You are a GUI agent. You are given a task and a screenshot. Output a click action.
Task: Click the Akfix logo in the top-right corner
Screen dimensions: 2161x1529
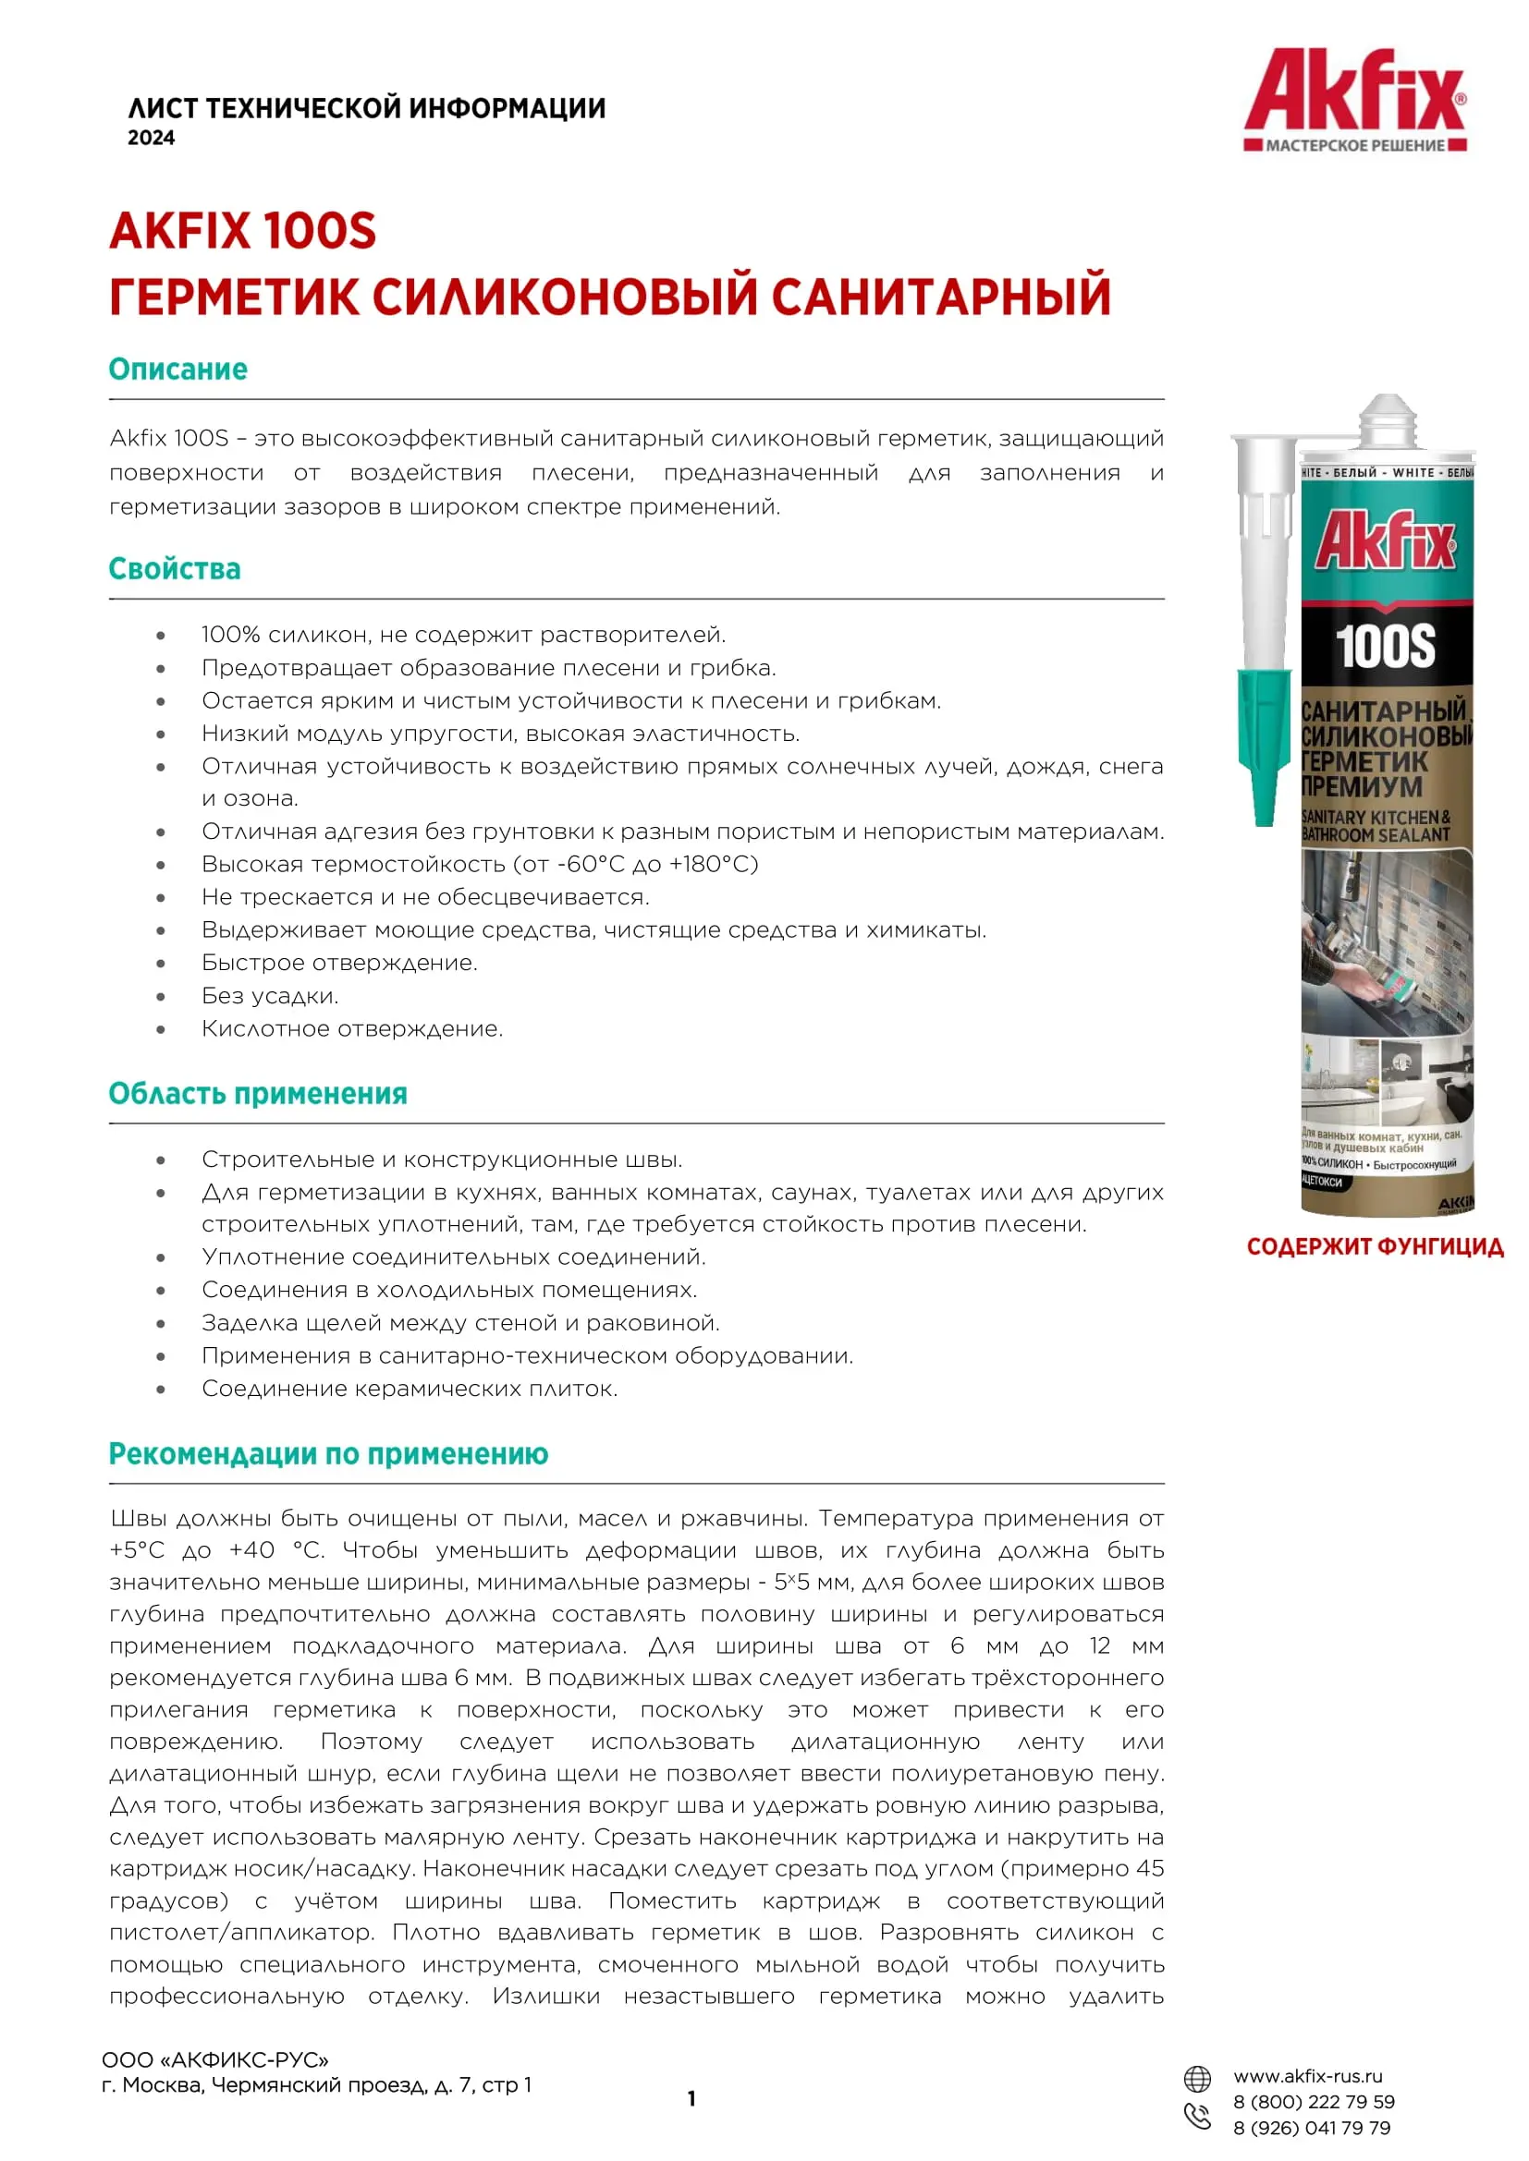click(x=1355, y=98)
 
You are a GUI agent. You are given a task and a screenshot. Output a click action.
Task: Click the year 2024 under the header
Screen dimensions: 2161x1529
click(x=152, y=139)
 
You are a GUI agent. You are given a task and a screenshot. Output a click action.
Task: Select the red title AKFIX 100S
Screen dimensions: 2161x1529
click(x=243, y=232)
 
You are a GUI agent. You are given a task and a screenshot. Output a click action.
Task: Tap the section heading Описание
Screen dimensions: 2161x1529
click(x=177, y=369)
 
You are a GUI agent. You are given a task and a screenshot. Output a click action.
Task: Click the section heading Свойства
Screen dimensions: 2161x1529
click(x=174, y=568)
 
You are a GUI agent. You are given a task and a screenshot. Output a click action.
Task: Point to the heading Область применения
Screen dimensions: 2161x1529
click(x=258, y=1094)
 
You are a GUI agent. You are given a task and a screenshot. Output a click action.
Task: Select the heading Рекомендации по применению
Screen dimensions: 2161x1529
click(x=328, y=1454)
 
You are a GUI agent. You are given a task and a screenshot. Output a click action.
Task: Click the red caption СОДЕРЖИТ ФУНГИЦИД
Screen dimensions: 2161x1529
click(x=1375, y=1247)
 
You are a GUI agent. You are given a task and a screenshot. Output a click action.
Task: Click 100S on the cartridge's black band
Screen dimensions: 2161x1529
click(x=1385, y=647)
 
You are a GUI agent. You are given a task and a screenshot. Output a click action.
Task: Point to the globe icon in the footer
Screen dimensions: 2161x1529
click(x=1196, y=2078)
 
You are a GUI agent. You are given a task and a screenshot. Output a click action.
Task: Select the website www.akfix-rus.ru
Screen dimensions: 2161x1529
click(x=1308, y=2076)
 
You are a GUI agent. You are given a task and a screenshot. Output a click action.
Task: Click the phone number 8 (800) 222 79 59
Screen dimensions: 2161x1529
click(x=1314, y=2102)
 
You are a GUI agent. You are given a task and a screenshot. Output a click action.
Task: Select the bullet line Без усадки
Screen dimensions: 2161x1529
click(x=270, y=996)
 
